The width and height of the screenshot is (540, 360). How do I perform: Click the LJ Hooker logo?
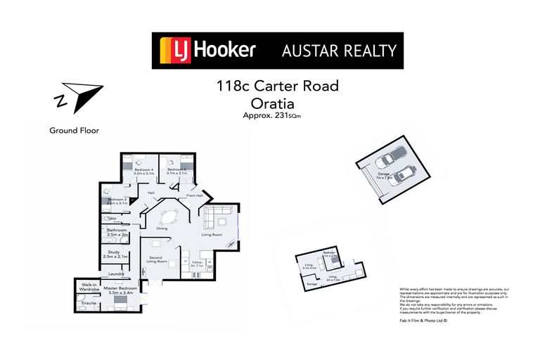[x=208, y=50]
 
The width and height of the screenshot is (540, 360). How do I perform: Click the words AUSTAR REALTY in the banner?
[x=339, y=51]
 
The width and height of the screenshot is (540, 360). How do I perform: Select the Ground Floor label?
[x=74, y=130]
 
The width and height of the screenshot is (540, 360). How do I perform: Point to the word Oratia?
[x=277, y=103]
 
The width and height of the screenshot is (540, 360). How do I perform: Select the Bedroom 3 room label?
[x=117, y=200]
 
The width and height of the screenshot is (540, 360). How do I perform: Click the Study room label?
[x=114, y=254]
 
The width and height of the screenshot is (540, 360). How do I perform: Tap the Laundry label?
[x=116, y=274]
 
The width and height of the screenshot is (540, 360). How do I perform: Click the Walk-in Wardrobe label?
[x=89, y=287]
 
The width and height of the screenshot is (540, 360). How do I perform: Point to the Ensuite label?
[x=89, y=303]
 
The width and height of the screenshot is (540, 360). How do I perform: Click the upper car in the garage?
[x=394, y=157]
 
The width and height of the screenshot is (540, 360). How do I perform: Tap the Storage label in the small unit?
[x=312, y=284]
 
